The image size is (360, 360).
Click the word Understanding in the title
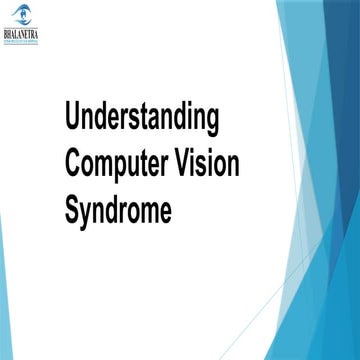[141, 118]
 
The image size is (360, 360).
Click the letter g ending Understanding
[211, 121]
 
